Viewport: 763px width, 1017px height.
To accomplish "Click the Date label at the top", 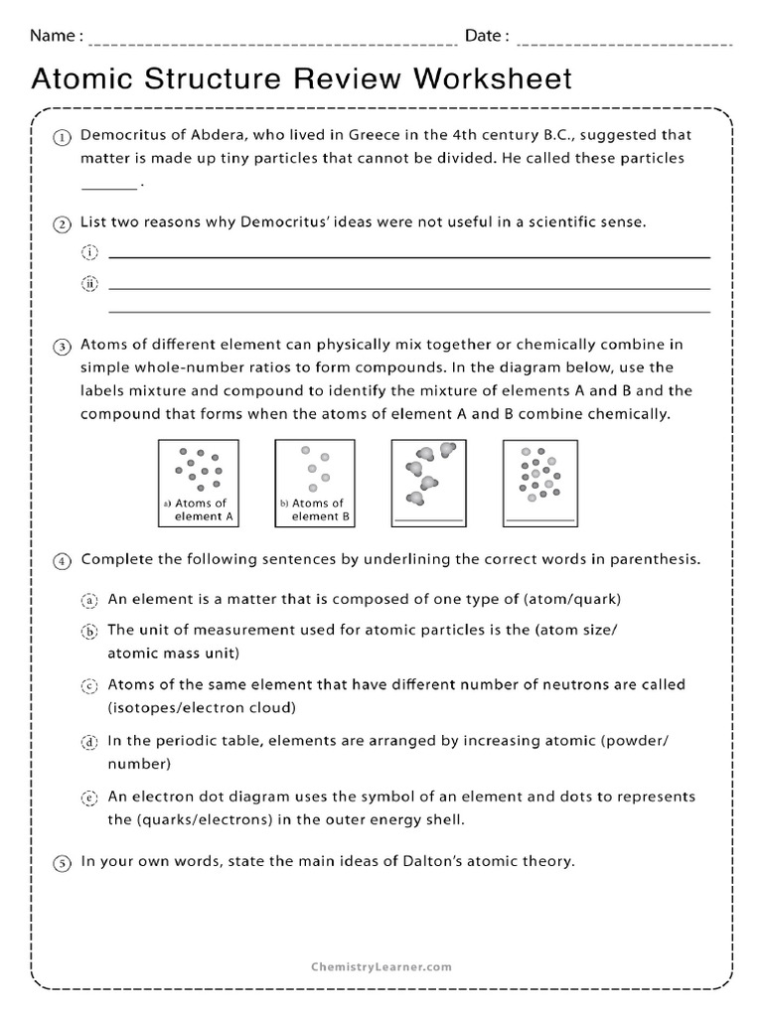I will (x=487, y=37).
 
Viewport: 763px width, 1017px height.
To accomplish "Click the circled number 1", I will (x=62, y=137).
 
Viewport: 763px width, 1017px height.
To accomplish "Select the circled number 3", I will (x=62, y=347).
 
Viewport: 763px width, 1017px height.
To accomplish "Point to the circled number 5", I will (x=62, y=863).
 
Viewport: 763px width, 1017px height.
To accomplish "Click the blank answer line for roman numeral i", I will (x=408, y=256).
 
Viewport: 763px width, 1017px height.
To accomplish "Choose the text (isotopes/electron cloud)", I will (x=203, y=708).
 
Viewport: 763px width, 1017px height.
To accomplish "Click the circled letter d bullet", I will (x=89, y=742).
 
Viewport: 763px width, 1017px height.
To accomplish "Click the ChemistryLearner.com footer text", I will (x=381, y=965).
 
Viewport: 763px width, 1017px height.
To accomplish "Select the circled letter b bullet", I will (x=89, y=631).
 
